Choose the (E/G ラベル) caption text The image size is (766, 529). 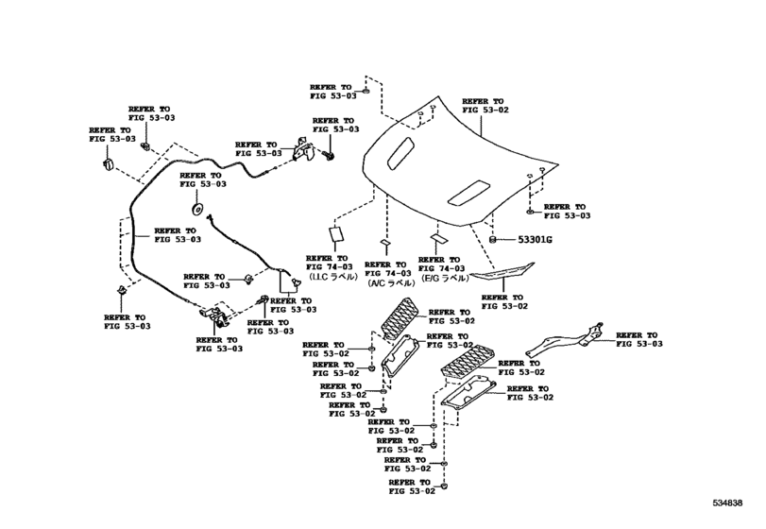coord(443,279)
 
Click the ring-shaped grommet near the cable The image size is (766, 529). coord(198,209)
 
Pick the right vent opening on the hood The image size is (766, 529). coord(468,193)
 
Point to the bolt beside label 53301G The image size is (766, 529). coord(494,241)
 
